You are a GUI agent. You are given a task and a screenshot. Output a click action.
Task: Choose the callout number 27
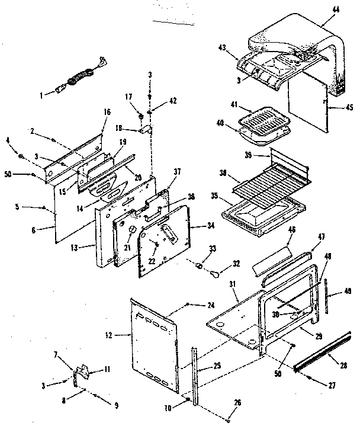[x=331, y=385]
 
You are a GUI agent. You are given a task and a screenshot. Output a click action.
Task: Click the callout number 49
[x=347, y=290]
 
